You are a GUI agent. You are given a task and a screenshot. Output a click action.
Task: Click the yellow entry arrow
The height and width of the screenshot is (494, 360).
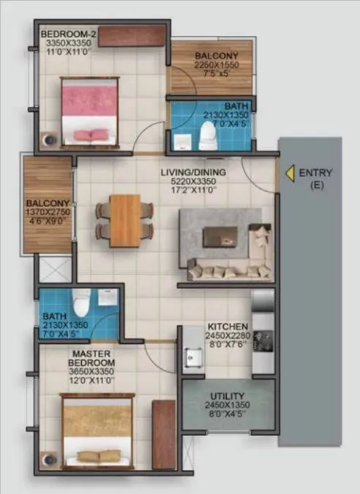290,173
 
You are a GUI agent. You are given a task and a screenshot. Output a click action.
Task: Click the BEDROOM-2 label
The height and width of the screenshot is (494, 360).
64,34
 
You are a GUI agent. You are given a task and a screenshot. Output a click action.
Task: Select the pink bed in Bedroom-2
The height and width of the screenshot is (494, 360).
90,111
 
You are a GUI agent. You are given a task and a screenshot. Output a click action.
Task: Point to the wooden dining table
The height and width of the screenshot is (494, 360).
124,219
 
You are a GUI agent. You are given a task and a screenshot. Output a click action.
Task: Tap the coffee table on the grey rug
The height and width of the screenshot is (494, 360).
220,236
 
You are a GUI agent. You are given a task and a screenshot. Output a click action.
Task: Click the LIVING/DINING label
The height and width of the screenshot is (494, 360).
194,173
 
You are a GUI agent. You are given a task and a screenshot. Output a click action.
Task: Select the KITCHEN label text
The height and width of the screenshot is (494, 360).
228,326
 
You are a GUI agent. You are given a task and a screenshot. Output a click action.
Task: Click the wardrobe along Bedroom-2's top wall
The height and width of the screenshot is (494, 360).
131,36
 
